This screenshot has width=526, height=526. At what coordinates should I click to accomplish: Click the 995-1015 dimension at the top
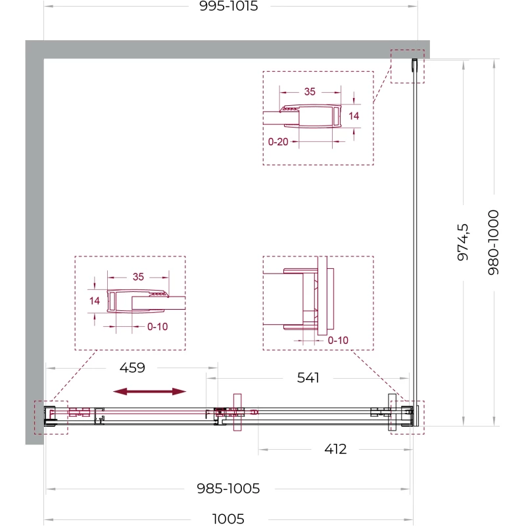tap(228, 6)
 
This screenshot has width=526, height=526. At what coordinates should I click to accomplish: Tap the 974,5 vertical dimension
tap(463, 242)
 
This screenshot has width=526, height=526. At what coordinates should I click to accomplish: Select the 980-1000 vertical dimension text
tap(493, 243)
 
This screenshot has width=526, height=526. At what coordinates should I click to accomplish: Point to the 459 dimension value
tap(132, 368)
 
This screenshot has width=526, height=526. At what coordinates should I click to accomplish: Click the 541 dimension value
tap(308, 377)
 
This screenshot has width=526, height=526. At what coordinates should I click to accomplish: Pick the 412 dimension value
tap(335, 449)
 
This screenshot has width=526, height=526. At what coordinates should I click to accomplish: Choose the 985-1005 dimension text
tap(228, 489)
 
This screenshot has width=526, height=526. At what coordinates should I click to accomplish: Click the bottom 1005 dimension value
tap(228, 519)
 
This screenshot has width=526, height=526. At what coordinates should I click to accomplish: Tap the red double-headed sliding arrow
tap(150, 391)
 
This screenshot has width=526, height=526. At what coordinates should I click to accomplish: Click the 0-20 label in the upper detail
tap(278, 141)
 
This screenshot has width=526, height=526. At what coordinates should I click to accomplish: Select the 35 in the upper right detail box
tap(310, 91)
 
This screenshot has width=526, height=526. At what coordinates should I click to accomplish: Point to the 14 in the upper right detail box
tap(354, 116)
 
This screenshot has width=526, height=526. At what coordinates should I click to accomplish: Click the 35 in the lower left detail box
tap(138, 277)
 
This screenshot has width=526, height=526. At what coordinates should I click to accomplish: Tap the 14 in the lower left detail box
tap(94, 300)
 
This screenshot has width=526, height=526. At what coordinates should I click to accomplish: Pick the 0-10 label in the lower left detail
tap(157, 326)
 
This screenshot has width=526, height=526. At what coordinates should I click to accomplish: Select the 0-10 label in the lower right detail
tap(338, 340)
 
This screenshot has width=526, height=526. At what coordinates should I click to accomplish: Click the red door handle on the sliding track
tap(237, 412)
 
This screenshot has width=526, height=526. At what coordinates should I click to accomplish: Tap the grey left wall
tap(35, 242)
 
